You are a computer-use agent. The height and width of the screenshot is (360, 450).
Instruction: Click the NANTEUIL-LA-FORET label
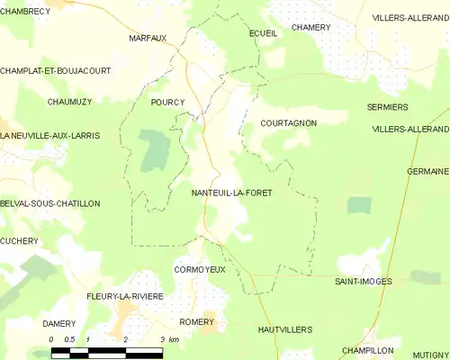coord(231,193)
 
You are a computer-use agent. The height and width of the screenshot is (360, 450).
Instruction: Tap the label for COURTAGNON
coord(288,121)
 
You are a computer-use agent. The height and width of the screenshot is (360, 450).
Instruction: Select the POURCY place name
coord(167,103)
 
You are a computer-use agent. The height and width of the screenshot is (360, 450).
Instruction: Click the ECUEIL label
coord(263,32)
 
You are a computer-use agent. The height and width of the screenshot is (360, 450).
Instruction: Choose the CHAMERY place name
coord(311,27)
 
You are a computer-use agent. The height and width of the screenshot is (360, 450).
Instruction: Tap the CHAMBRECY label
coord(24,11)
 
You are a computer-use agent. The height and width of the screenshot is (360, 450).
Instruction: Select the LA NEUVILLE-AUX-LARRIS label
coord(49,135)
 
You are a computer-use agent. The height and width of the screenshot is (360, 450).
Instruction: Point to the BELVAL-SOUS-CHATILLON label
coord(50,204)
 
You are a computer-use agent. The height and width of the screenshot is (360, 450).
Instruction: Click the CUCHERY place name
coord(20,241)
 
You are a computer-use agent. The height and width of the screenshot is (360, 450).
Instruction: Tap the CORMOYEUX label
coord(200,269)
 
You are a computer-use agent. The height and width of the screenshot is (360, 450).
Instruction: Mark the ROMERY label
coord(197,321)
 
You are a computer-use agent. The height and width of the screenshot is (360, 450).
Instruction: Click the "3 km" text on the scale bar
coord(168,339)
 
